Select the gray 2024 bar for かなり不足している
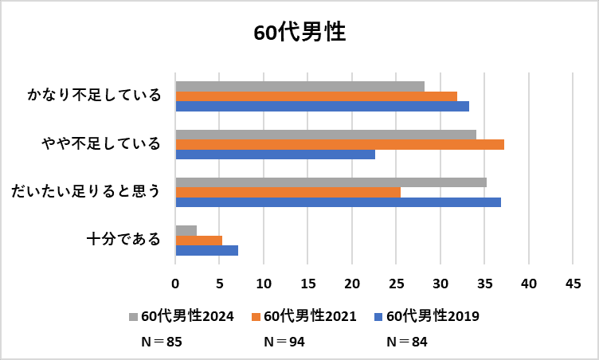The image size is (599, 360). point(299,86)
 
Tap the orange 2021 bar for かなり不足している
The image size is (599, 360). point(316,96)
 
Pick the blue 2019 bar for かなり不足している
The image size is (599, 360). point(322,106)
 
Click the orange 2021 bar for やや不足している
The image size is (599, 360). point(339,144)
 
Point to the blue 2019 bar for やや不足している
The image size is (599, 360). point(275,155)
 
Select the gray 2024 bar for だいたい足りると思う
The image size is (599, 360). point(331,182)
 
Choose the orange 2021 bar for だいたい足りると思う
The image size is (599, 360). point(288,192)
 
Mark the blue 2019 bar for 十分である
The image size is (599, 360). point(206,250)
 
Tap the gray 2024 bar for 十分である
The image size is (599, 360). point(186,230)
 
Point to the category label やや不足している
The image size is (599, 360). point(101,143)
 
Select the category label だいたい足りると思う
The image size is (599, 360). point(85,191)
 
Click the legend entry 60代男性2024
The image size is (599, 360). point(180,316)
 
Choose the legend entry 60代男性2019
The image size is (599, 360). point(425,316)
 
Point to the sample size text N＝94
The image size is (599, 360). point(284,342)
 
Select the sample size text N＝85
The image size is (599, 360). point(161,342)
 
